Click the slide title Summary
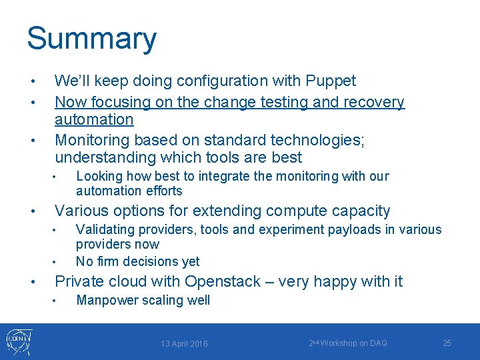[91, 39]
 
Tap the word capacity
[357, 211]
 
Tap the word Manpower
[105, 301]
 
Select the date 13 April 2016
[184, 344]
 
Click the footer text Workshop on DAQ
[353, 343]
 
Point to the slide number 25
[447, 343]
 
